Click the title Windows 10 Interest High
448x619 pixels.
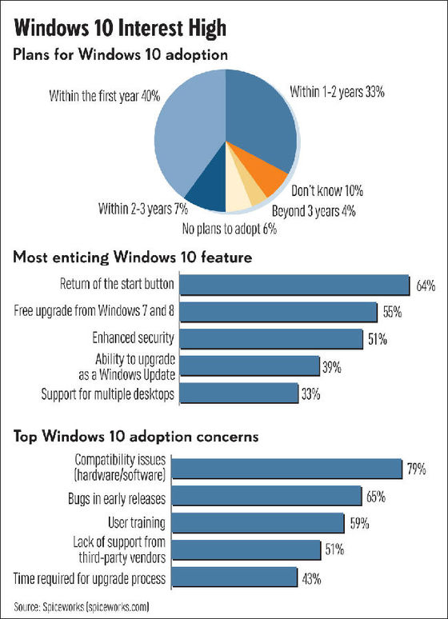tap(120, 29)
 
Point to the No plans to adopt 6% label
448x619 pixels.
tap(230, 229)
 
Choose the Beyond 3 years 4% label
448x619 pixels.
tap(314, 211)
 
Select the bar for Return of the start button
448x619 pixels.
tap(294, 285)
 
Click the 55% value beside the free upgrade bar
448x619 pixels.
tap(392, 312)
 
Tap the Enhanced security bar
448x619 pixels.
tap(271, 339)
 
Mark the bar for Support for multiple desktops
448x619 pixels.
tap(239, 393)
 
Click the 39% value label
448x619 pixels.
tap(332, 367)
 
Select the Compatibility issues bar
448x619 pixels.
tap(287, 469)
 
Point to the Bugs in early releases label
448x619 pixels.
tap(117, 498)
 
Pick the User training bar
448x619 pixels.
tap(258, 523)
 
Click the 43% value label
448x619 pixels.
tap(311, 579)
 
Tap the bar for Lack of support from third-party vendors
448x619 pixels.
tap(246, 550)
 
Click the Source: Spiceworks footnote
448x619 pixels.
tap(82, 606)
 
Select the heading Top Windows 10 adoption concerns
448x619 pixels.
tap(136, 436)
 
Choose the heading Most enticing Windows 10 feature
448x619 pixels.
tap(133, 258)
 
